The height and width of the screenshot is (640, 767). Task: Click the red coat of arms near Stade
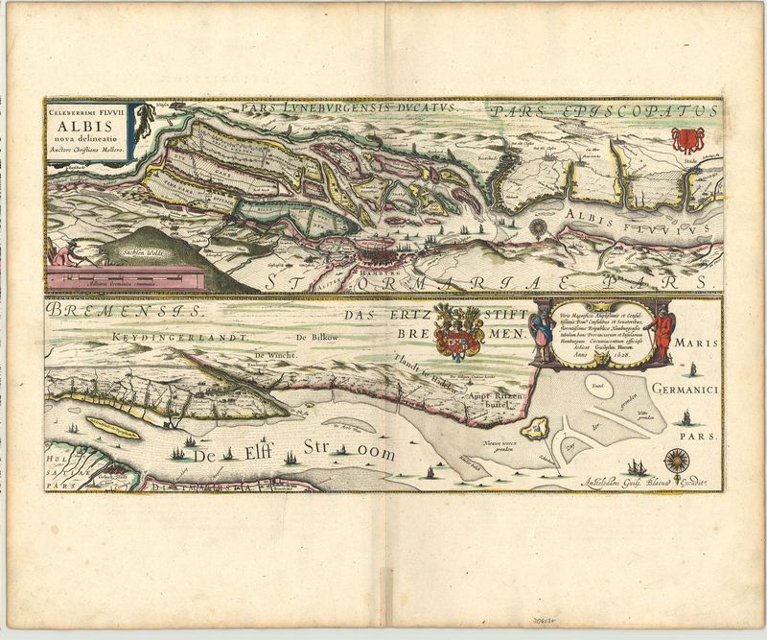click(x=686, y=140)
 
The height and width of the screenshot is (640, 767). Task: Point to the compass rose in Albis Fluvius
click(x=540, y=228)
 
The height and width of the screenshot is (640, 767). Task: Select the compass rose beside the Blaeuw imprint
click(x=677, y=459)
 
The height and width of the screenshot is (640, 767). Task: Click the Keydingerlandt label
click(x=180, y=339)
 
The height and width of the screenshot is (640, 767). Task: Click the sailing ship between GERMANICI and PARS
click(x=686, y=417)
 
